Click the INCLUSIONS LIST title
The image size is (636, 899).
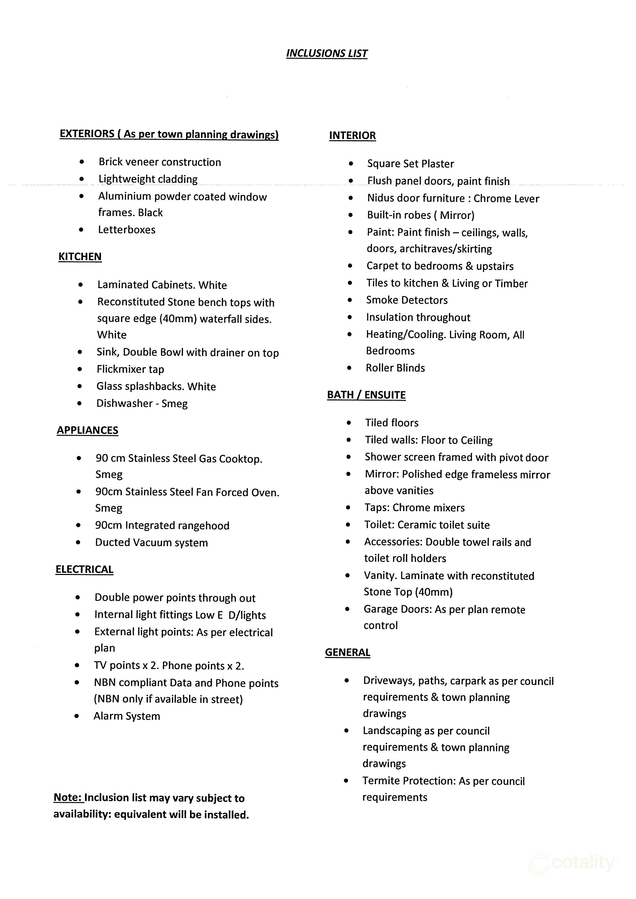(327, 53)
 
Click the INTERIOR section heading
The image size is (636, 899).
(352, 135)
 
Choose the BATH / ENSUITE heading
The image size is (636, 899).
(366, 395)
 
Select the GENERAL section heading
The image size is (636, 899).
(347, 652)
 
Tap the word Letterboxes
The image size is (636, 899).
(126, 230)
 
